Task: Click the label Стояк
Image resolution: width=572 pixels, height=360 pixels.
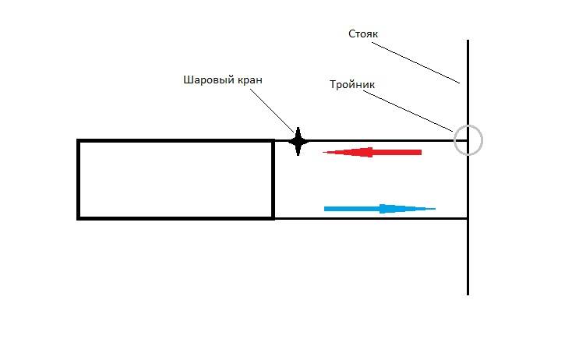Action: (x=362, y=34)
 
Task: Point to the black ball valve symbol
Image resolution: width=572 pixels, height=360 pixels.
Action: (x=298, y=141)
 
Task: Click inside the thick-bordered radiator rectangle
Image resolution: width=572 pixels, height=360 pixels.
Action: (x=175, y=179)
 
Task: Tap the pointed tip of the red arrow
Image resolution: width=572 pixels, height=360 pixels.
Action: (x=324, y=152)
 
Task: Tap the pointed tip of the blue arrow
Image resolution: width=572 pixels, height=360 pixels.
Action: (x=434, y=208)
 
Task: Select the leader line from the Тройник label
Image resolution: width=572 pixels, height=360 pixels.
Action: (x=409, y=110)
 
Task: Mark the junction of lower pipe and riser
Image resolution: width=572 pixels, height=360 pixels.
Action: (x=468, y=218)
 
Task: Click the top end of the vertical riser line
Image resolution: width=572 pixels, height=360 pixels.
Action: (x=468, y=42)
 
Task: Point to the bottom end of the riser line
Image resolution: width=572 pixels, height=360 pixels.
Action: (x=468, y=293)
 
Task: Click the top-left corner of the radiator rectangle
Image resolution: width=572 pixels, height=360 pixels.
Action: (x=79, y=141)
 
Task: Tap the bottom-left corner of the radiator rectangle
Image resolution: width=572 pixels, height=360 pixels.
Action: (x=79, y=217)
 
